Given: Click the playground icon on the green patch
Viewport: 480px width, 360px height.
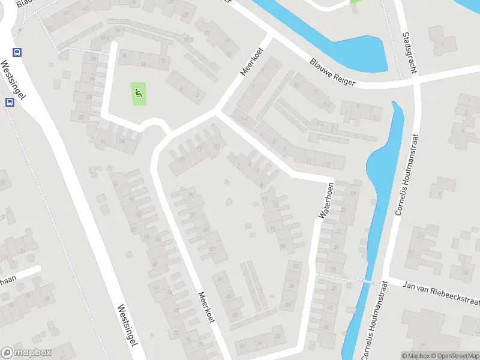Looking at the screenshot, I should click(x=139, y=93).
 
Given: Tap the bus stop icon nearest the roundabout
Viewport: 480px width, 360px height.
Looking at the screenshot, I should click(x=17, y=52).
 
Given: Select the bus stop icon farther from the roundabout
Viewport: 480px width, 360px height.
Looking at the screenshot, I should click(x=10, y=102).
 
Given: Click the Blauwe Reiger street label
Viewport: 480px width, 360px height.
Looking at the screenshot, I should click(x=334, y=71).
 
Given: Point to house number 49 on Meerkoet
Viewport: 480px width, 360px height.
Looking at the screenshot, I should click(x=235, y=315).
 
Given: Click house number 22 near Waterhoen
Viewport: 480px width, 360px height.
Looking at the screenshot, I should click(x=295, y=265).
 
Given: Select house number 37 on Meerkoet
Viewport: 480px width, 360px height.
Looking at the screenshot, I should click(x=212, y=250).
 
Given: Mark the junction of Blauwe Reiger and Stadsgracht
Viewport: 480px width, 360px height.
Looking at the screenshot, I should click(x=416, y=80).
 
